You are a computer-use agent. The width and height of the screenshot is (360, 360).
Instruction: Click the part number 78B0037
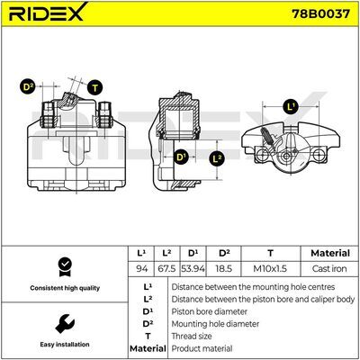point(321,13)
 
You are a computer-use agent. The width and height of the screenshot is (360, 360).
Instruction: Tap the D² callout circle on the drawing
point(28,87)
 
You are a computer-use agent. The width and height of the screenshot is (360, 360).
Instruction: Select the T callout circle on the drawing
point(94,88)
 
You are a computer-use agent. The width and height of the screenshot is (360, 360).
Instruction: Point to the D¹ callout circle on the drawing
point(181,157)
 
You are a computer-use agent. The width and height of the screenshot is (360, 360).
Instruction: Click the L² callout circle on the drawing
point(217,158)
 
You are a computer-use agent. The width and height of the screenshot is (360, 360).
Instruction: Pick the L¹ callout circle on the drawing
point(291,107)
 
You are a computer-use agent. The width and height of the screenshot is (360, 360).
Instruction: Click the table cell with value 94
point(141,268)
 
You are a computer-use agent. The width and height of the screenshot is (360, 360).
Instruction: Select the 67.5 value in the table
point(166,268)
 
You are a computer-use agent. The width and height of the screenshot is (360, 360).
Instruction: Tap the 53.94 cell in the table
point(193,268)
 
